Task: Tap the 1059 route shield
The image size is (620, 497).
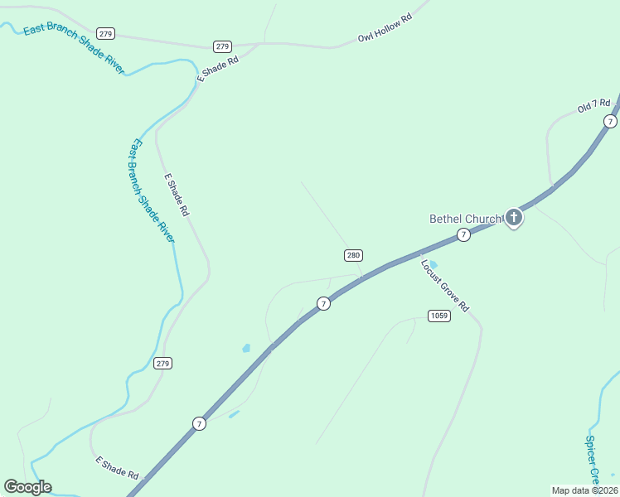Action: click(439, 316)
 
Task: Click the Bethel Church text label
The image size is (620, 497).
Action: click(465, 219)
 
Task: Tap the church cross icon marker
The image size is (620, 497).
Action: click(514, 218)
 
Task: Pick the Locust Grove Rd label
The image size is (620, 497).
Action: click(444, 286)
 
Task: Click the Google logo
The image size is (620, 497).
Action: click(27, 486)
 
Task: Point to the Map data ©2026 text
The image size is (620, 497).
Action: click(584, 490)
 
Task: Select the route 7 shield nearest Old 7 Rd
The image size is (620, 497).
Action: click(611, 121)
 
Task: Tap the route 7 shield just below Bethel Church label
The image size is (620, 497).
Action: click(464, 235)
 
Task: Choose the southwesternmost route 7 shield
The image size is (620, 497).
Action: click(199, 423)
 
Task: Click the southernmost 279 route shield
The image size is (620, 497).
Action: click(162, 363)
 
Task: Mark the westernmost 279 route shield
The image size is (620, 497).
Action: click(105, 33)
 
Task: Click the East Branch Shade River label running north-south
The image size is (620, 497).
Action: click(151, 191)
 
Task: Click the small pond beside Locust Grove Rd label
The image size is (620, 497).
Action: click(433, 265)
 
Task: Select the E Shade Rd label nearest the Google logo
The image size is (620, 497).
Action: click(117, 467)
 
